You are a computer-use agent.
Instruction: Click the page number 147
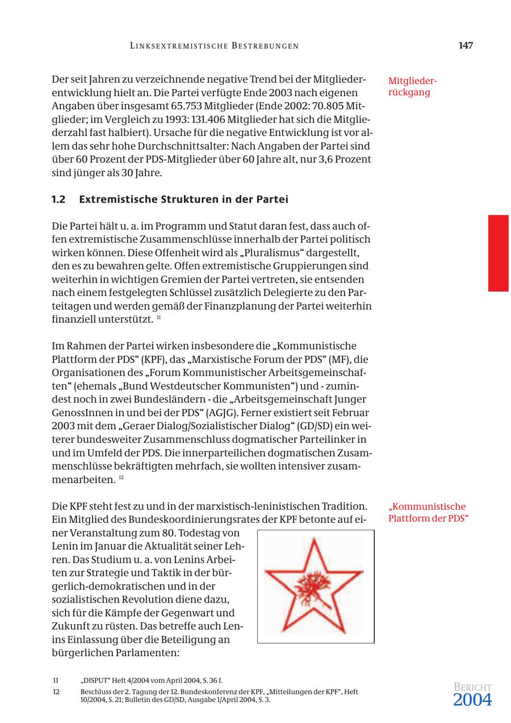(x=466, y=45)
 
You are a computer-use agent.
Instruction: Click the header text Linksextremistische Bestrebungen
(x=214, y=46)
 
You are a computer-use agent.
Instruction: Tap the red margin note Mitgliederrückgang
(x=412, y=86)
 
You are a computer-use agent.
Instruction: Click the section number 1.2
(x=58, y=200)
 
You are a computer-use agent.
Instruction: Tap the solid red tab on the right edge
(x=498, y=253)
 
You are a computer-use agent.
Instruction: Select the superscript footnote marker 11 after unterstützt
(x=158, y=317)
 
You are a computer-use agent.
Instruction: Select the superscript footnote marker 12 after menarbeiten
(x=122, y=478)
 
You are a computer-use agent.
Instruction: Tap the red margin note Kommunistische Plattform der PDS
(x=427, y=513)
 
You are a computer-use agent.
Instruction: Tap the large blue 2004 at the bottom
(x=472, y=700)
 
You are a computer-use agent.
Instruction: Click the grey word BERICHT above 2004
(x=472, y=687)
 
